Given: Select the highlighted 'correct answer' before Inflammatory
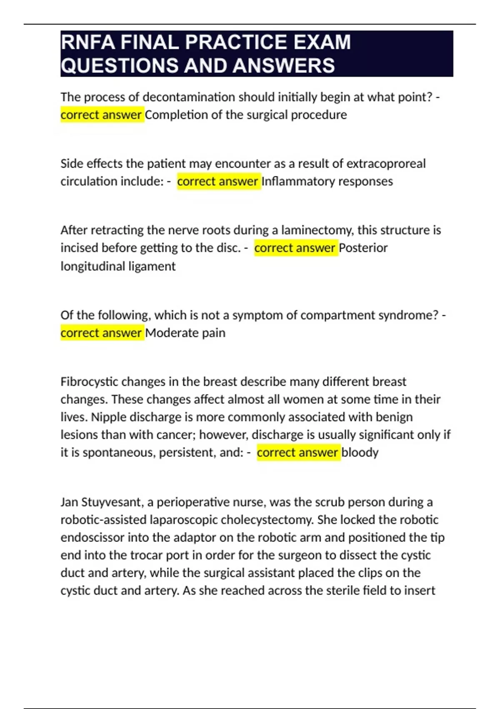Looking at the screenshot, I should [x=218, y=181].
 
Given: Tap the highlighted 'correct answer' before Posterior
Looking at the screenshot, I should [x=295, y=248].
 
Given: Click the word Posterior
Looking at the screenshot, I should [x=363, y=248].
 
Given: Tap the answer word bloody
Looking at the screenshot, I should [x=360, y=453].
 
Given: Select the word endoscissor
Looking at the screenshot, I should [x=92, y=538].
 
